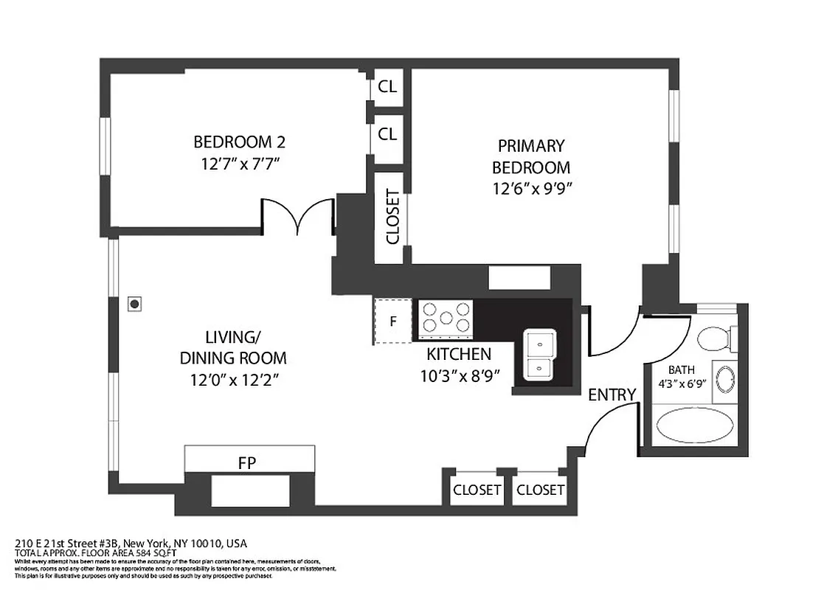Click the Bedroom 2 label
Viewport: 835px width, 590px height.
point(239,142)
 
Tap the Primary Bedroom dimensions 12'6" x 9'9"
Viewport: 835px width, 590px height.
point(533,188)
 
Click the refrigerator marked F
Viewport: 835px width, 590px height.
point(393,322)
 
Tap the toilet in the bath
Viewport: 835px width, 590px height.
point(716,339)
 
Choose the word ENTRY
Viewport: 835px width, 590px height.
point(611,395)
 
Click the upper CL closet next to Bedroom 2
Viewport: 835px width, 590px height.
point(387,86)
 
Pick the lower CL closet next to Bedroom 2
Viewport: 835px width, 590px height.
point(387,134)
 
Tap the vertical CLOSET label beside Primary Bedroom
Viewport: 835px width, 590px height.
point(392,217)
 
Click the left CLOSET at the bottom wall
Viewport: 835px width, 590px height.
point(477,490)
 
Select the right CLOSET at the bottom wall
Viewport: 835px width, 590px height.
point(540,490)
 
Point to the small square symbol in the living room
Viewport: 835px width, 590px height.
point(134,302)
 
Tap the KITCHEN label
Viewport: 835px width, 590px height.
point(459,354)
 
